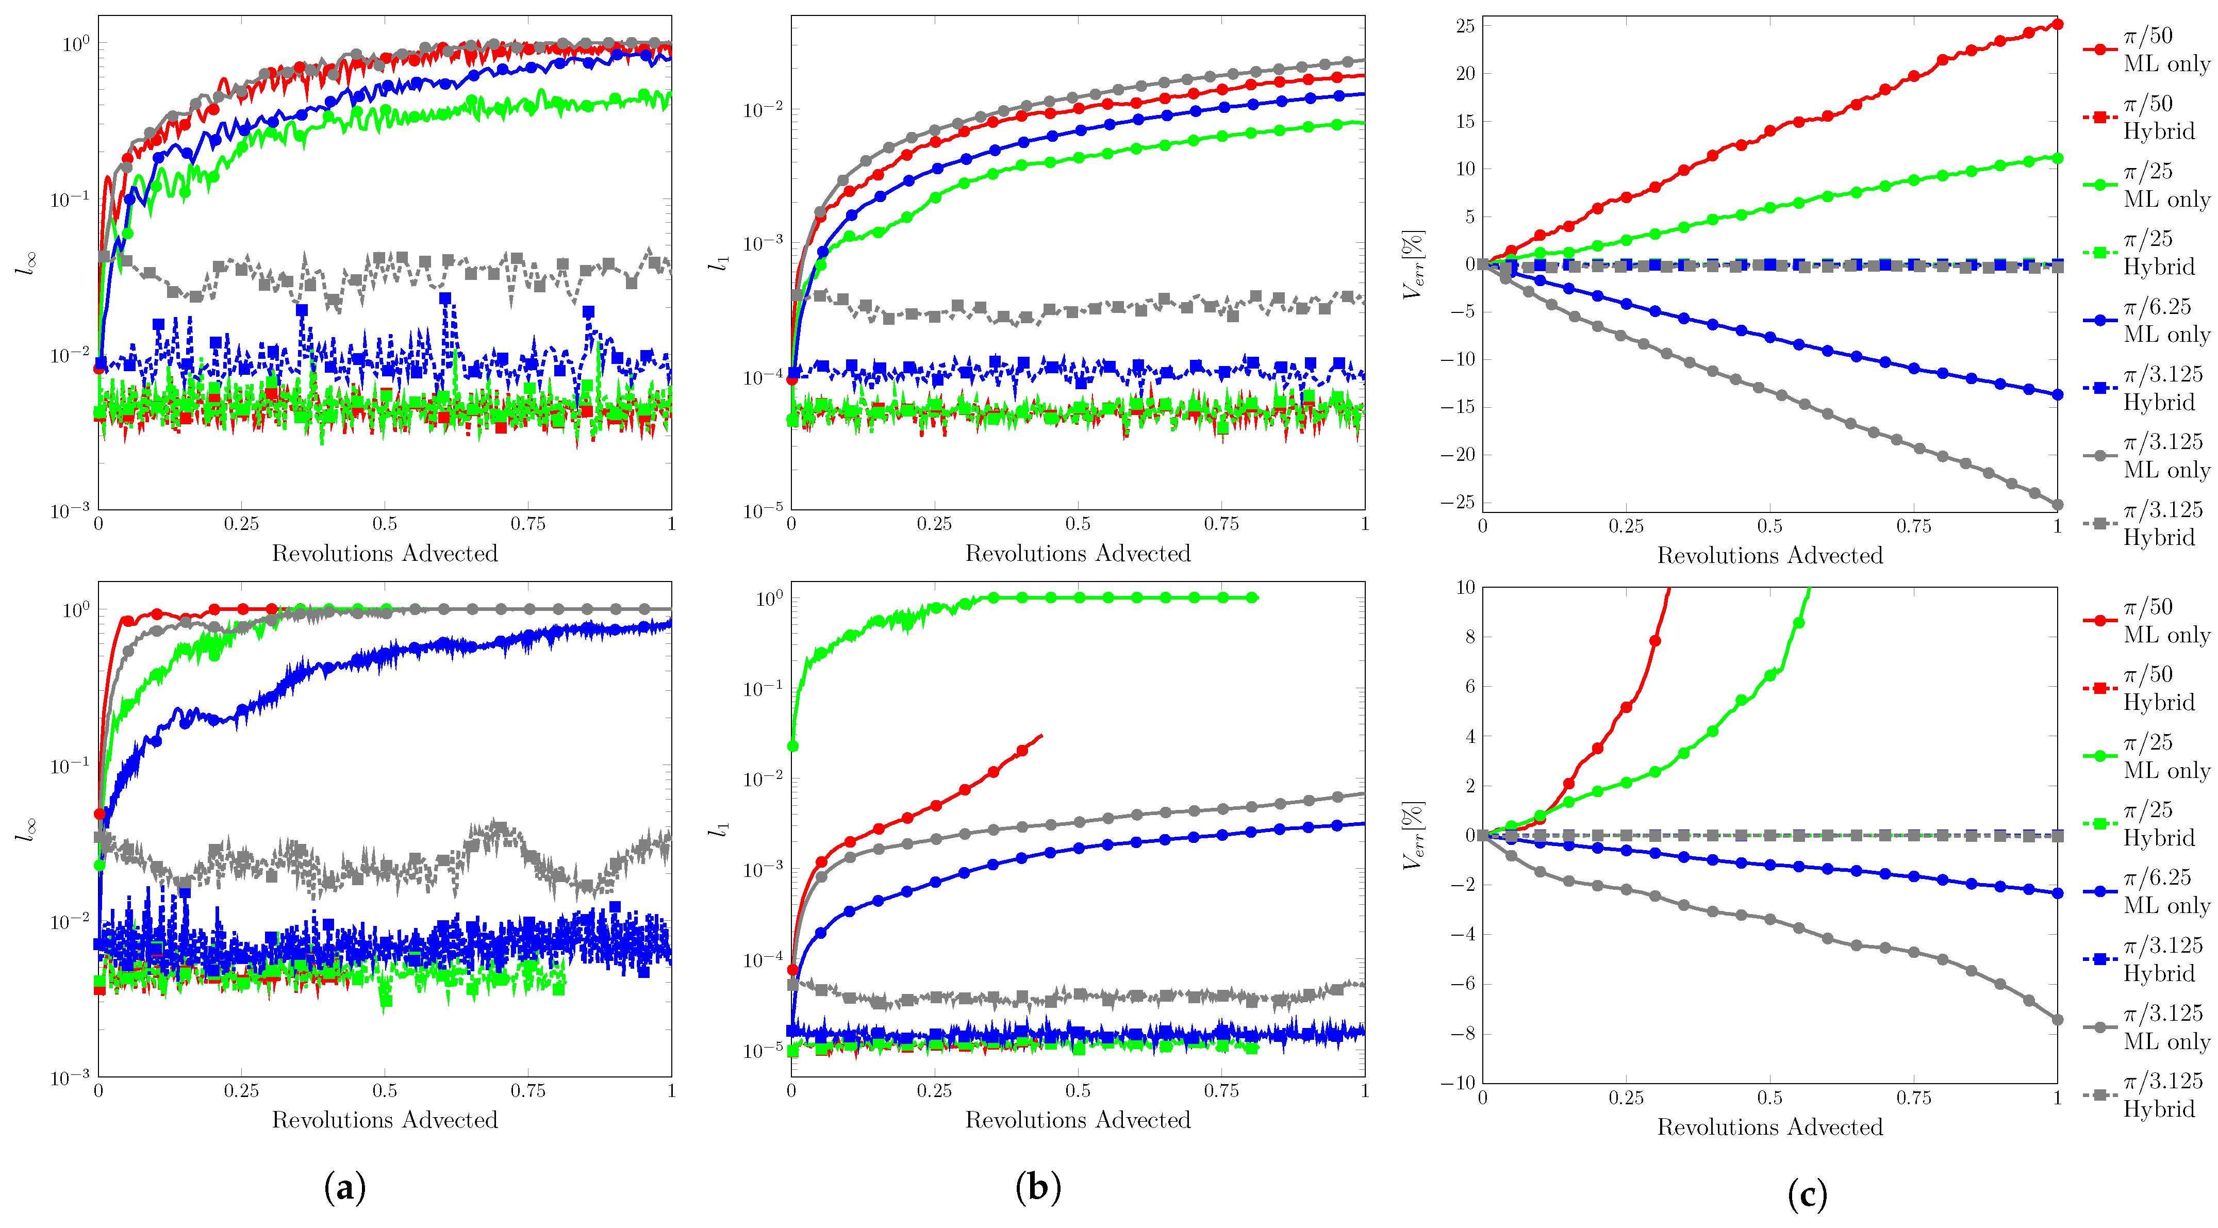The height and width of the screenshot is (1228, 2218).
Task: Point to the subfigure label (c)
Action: (1807, 1194)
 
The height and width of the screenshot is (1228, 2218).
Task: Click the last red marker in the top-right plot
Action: (2057, 24)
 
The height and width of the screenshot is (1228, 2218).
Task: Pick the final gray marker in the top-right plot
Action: (2057, 505)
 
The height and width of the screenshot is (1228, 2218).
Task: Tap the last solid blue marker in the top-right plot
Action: (2057, 394)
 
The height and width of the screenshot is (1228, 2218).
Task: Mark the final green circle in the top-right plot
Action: (2057, 158)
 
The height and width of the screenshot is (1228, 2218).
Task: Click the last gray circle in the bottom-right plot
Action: (2057, 1020)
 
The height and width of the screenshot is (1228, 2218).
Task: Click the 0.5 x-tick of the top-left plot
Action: (385, 524)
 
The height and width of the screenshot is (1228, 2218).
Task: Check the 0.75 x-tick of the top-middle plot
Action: (1221, 524)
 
